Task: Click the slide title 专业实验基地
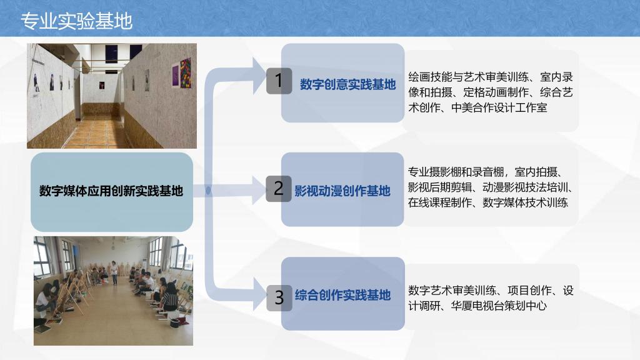coord(76,21)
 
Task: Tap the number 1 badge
coord(279,81)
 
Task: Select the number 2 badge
coord(278,189)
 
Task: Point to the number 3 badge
coord(279,298)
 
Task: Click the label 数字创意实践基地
coord(347,84)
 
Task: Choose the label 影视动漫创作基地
coord(342,191)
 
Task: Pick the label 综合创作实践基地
coord(343,295)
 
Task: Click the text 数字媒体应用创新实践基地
coord(111,191)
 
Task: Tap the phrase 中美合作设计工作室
coord(499,107)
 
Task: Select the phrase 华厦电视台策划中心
coord(499,306)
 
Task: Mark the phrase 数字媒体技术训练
coord(525,202)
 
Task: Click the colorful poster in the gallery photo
coord(185,74)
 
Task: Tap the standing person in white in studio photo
coord(114,272)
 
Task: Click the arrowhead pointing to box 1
coord(259,76)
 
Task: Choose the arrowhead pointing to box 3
coord(259,294)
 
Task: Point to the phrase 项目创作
coord(529,291)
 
